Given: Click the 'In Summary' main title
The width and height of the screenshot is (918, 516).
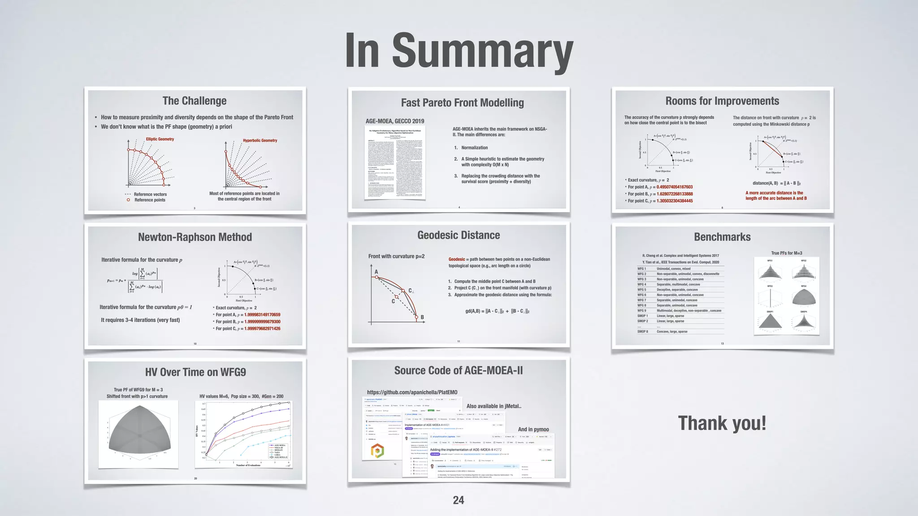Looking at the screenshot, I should pyautogui.click(x=459, y=50).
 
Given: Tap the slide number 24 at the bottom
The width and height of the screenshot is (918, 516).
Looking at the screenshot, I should pyautogui.click(x=459, y=500).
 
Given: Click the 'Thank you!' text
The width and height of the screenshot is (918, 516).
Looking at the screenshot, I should pyautogui.click(x=722, y=423).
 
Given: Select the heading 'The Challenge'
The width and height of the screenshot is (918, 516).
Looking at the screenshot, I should pyautogui.click(x=195, y=101).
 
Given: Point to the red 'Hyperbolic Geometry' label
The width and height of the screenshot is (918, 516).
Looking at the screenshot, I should pyautogui.click(x=260, y=141).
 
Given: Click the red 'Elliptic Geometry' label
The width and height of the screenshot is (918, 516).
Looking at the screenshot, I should pyautogui.click(x=160, y=139).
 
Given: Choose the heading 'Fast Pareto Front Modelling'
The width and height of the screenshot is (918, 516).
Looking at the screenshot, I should pyautogui.click(x=462, y=103).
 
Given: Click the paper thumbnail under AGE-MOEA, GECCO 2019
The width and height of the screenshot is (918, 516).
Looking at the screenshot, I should pyautogui.click(x=395, y=162).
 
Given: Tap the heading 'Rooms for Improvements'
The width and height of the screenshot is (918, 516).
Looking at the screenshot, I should pyautogui.click(x=722, y=101).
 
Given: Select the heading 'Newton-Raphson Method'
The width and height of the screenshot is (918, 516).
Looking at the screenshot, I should pyautogui.click(x=195, y=237).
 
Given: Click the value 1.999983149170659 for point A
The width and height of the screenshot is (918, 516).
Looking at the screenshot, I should pyautogui.click(x=262, y=315).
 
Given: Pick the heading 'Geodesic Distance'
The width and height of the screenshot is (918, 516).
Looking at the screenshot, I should pyautogui.click(x=459, y=235).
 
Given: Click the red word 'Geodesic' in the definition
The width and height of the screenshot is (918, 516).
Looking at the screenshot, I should pyautogui.click(x=457, y=259).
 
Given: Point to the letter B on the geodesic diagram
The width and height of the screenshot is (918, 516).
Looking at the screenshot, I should pyautogui.click(x=422, y=317).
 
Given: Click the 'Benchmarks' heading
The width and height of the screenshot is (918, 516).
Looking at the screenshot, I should pyautogui.click(x=722, y=237).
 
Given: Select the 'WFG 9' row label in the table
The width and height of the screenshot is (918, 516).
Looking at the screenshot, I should pyautogui.click(x=642, y=310).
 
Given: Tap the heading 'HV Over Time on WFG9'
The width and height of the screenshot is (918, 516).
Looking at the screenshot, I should pyautogui.click(x=195, y=372).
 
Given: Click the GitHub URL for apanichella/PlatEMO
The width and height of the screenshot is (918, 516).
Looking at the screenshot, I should pyautogui.click(x=412, y=392).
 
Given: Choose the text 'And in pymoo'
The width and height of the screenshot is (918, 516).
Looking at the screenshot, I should pyautogui.click(x=533, y=429).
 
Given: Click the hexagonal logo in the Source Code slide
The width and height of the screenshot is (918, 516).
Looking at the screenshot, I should pyautogui.click(x=377, y=451).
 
